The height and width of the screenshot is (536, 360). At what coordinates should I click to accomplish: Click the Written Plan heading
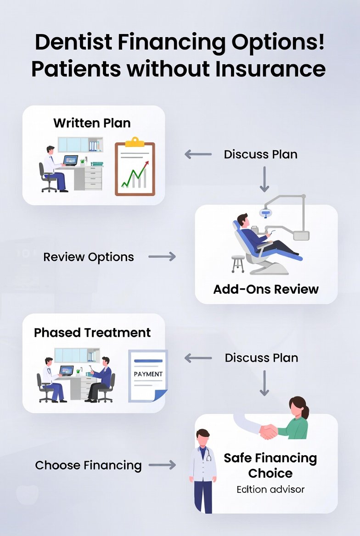[x=92, y=123]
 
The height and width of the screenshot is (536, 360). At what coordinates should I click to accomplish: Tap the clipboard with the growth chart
[x=135, y=166]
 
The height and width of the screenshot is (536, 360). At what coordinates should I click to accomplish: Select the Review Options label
[x=89, y=257]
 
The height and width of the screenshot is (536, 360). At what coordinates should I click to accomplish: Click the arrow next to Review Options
[x=162, y=257]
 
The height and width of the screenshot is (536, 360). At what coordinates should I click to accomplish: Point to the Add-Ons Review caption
[x=266, y=289]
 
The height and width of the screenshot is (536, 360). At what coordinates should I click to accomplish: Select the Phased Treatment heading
[x=92, y=332]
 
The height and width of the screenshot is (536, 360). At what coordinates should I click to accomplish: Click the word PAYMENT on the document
[x=148, y=374]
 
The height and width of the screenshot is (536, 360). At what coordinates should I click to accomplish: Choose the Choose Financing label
[x=89, y=465]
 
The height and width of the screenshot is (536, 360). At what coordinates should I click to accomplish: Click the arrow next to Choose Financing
[x=162, y=465]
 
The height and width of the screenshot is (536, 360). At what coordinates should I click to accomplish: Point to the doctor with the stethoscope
[x=203, y=470]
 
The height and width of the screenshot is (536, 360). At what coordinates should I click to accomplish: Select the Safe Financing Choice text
[x=270, y=465]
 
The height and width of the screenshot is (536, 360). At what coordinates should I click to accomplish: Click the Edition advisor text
[x=270, y=489]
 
